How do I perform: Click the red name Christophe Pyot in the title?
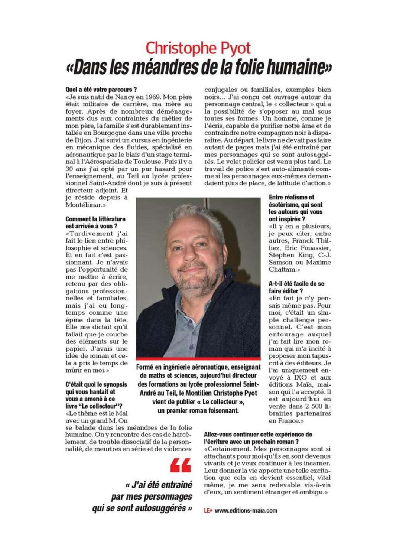[198, 48]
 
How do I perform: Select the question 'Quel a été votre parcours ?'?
[101, 90]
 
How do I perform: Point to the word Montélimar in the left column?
[84, 205]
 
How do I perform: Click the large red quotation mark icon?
[181, 465]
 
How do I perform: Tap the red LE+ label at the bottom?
[208, 511]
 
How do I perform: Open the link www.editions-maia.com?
[246, 511]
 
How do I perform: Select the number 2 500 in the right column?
[309, 406]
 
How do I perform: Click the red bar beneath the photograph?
[198, 359]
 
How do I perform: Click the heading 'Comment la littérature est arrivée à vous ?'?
[95, 222]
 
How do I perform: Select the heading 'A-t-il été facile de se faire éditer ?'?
[296, 287]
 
